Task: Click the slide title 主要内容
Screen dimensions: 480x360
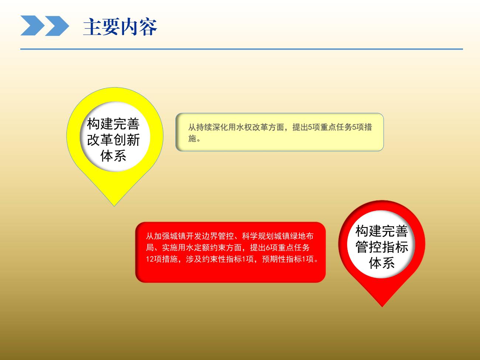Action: tap(120, 27)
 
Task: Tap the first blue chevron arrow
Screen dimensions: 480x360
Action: tap(32, 25)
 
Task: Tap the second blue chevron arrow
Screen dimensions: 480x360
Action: tap(57, 25)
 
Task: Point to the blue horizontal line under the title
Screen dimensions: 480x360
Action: tap(241, 49)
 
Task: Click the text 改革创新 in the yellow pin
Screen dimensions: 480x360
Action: tap(113, 140)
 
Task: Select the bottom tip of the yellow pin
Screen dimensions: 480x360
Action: tap(114, 206)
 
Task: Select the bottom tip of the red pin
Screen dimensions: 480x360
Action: tap(382, 307)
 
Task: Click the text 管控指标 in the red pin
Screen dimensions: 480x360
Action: tap(382, 247)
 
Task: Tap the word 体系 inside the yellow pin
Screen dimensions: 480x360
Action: tap(113, 156)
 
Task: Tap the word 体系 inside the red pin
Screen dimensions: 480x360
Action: tap(382, 263)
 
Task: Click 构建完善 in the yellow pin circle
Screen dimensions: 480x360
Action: tap(113, 124)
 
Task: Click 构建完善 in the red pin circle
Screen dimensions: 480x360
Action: tap(382, 231)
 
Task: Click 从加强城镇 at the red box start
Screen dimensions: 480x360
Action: tap(166, 236)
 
